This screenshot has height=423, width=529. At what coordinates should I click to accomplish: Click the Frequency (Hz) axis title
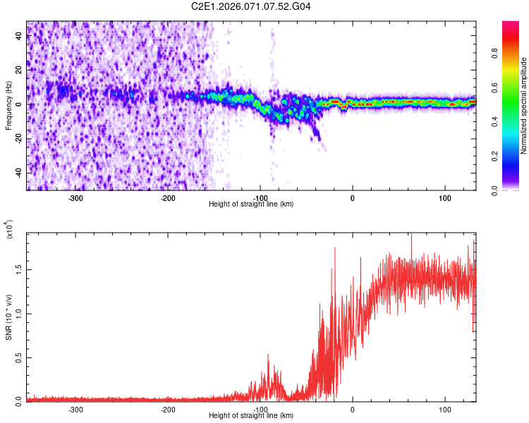click(9, 106)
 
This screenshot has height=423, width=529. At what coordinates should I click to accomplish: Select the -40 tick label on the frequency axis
click(18, 173)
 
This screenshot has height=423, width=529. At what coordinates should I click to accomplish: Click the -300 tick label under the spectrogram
click(75, 198)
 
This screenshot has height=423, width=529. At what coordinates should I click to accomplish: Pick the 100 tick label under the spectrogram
click(445, 198)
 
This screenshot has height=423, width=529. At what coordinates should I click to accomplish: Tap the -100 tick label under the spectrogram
click(260, 198)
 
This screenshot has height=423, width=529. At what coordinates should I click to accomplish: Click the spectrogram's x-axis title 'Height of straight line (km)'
click(252, 204)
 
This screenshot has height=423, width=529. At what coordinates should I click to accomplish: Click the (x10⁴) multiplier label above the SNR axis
click(9, 230)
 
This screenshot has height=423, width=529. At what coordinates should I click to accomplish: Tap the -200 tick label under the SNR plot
click(168, 410)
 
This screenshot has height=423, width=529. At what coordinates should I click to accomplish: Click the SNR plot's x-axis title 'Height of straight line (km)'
click(252, 416)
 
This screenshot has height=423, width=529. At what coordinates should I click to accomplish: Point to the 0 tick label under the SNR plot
click(353, 410)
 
